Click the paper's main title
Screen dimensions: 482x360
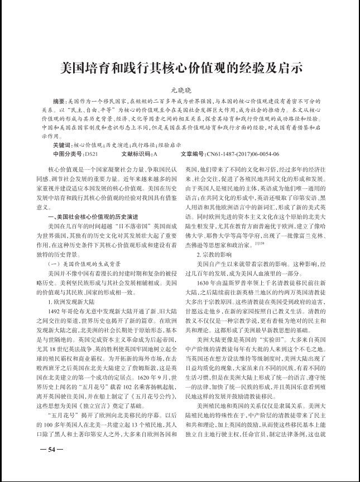[180, 69]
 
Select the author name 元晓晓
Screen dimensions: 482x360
[180, 90]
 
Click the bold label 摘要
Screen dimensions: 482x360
[58, 103]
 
